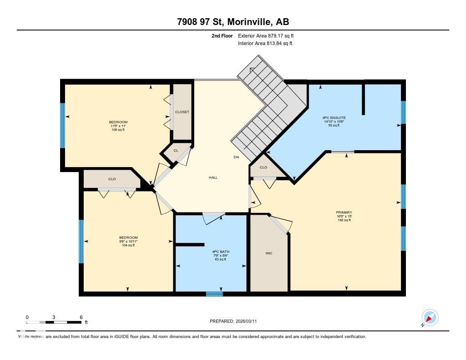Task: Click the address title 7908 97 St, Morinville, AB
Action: click(x=233, y=22)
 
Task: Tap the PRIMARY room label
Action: click(x=344, y=213)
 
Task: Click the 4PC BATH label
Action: click(x=220, y=252)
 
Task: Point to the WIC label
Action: click(x=268, y=253)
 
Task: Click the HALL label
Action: click(x=213, y=177)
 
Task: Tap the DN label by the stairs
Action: click(x=236, y=157)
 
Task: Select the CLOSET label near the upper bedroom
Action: click(x=182, y=112)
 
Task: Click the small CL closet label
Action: click(x=176, y=151)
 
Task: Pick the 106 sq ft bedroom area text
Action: click(x=118, y=130)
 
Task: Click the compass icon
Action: click(x=430, y=317)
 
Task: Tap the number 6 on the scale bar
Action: click(x=81, y=317)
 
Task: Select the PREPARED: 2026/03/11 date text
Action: click(x=236, y=321)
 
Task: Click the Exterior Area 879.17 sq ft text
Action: click(x=269, y=35)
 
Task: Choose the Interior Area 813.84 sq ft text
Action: click(x=265, y=44)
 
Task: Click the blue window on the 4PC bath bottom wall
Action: click(x=214, y=294)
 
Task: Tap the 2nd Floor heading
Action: click(x=222, y=35)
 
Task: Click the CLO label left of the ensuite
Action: click(x=263, y=167)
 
